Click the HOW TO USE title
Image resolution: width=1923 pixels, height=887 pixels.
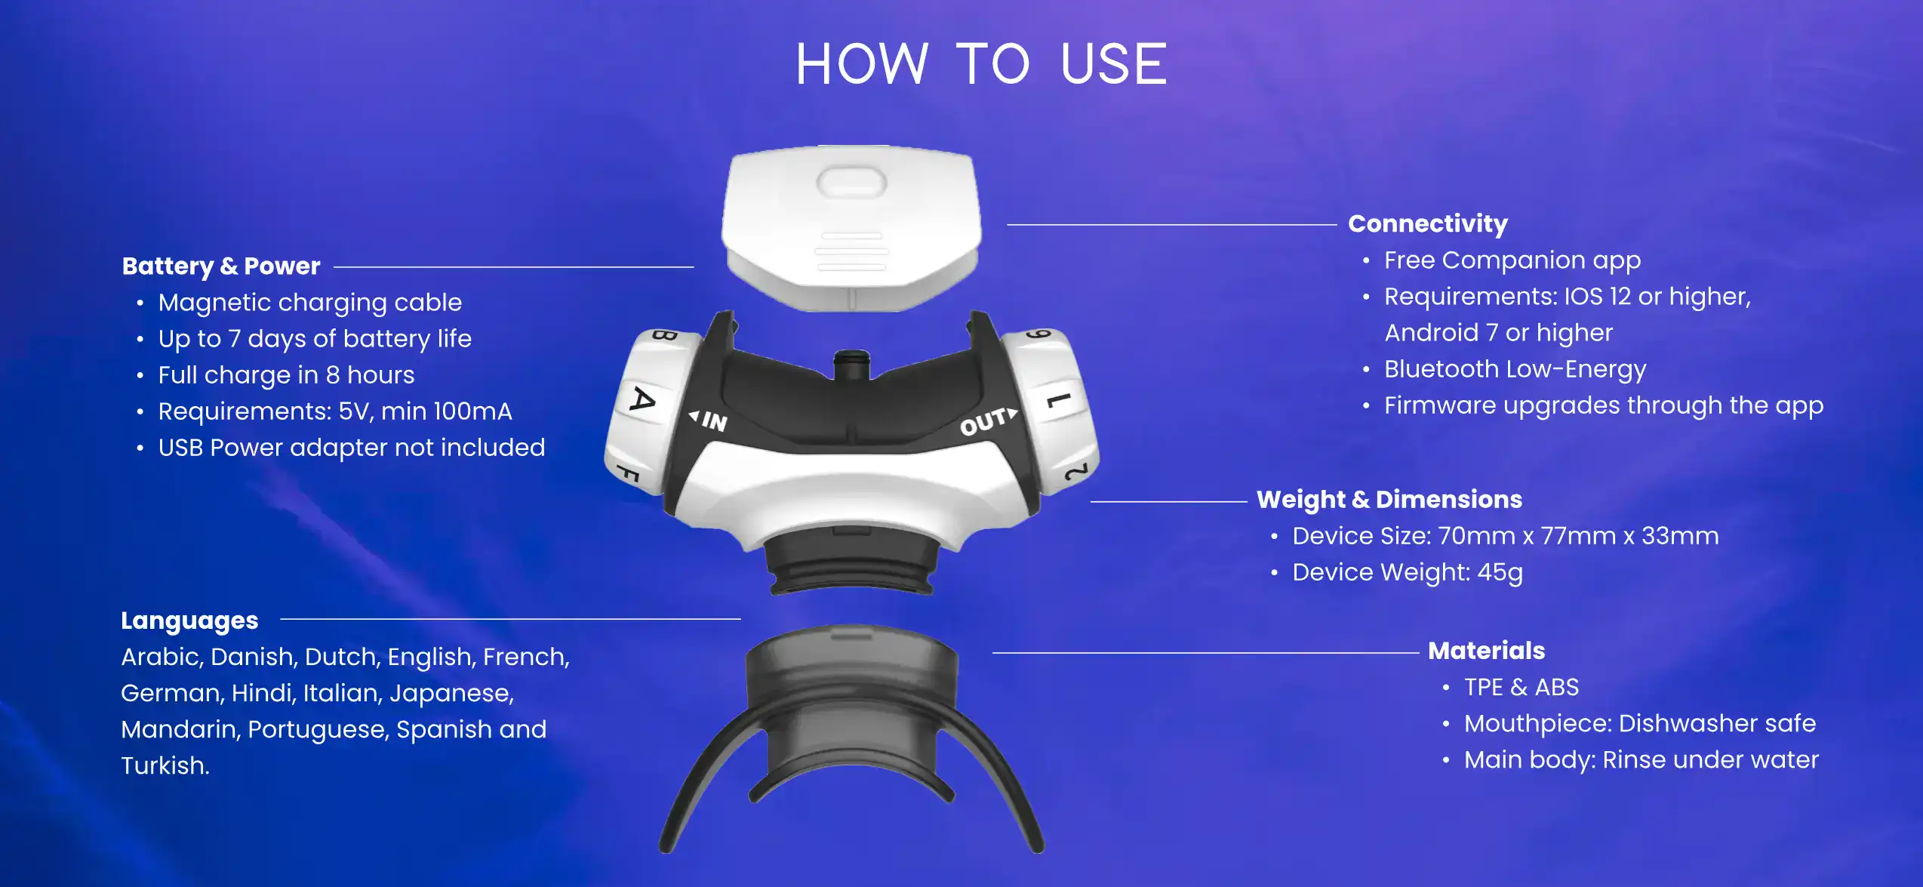(x=981, y=64)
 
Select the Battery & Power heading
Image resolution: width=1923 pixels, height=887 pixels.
(x=221, y=266)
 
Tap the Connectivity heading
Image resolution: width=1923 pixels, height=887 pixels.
(x=1427, y=223)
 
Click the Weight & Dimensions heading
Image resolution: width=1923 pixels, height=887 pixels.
(x=1389, y=499)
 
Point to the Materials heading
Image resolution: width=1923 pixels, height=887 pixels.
(x=1486, y=651)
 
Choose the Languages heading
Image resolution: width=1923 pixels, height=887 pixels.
(x=189, y=620)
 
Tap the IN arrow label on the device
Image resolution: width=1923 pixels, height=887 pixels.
(x=709, y=420)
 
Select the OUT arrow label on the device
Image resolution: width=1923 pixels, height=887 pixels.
(x=988, y=421)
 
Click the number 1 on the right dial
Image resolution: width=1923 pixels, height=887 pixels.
(x=1058, y=399)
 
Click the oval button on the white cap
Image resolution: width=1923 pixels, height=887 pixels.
(x=851, y=182)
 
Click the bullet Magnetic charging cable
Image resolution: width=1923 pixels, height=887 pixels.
(x=309, y=302)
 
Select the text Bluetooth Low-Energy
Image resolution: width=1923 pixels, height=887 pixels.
(x=1514, y=369)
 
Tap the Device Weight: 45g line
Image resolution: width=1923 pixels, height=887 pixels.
(x=1407, y=572)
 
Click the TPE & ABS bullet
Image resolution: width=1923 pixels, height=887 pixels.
(x=1521, y=687)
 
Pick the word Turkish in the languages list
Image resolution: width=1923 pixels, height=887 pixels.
(x=164, y=765)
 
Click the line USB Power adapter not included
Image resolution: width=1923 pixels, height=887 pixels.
(x=351, y=448)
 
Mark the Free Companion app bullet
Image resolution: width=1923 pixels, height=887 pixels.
(x=1512, y=260)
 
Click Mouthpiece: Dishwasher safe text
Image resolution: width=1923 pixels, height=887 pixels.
(x=1639, y=723)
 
